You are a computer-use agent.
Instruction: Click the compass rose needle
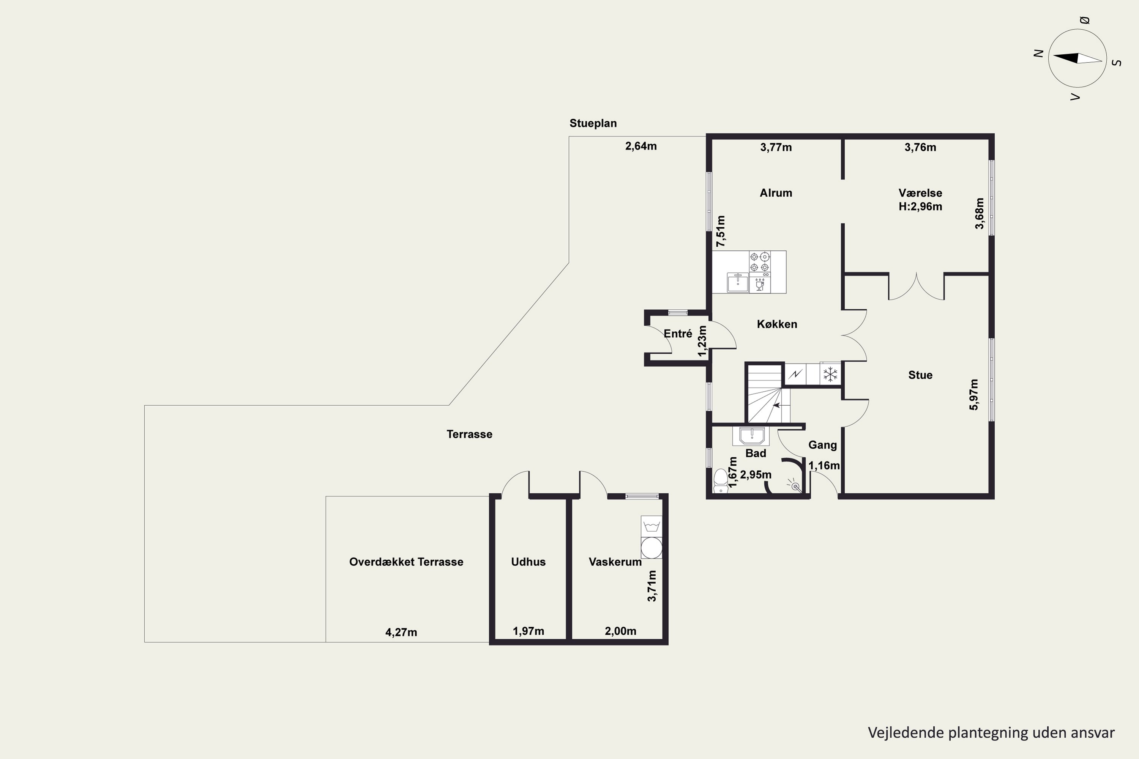[x=1077, y=58]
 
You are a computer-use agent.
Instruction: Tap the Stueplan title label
[x=593, y=123]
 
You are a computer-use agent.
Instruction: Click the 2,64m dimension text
[x=641, y=146]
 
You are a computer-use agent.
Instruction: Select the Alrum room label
[x=776, y=193]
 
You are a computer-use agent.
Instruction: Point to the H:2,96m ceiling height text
[x=920, y=207]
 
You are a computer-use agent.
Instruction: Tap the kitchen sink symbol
[x=738, y=283]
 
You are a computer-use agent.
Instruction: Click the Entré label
[x=678, y=334]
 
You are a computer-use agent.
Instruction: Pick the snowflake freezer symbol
[x=831, y=374]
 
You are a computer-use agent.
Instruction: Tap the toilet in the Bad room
[x=721, y=481]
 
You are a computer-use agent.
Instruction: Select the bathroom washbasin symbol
[x=751, y=436]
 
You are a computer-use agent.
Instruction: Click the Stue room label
[x=920, y=375]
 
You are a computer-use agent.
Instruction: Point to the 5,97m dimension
[x=974, y=395]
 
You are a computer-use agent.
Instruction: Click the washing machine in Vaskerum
[x=652, y=548]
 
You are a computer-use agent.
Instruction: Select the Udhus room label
[x=528, y=562]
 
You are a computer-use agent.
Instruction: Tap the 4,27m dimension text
[x=401, y=632]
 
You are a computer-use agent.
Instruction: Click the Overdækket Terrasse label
[x=406, y=562]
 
